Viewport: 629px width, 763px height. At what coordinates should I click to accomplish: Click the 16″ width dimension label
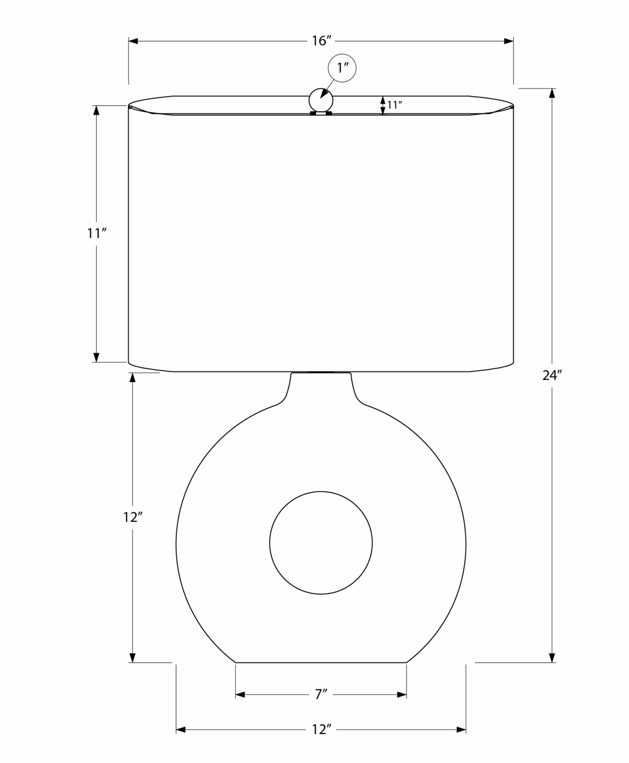(x=322, y=41)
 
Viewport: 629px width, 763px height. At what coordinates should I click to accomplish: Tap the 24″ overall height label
(x=552, y=375)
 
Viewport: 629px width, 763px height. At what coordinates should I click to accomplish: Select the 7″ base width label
(x=321, y=695)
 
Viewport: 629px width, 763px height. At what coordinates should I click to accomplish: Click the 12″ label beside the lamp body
(x=133, y=517)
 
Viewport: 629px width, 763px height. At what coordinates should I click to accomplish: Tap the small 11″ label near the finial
(x=395, y=105)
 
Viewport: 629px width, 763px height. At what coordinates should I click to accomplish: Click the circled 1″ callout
(x=342, y=67)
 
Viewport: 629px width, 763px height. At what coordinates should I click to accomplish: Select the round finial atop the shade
(x=321, y=101)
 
